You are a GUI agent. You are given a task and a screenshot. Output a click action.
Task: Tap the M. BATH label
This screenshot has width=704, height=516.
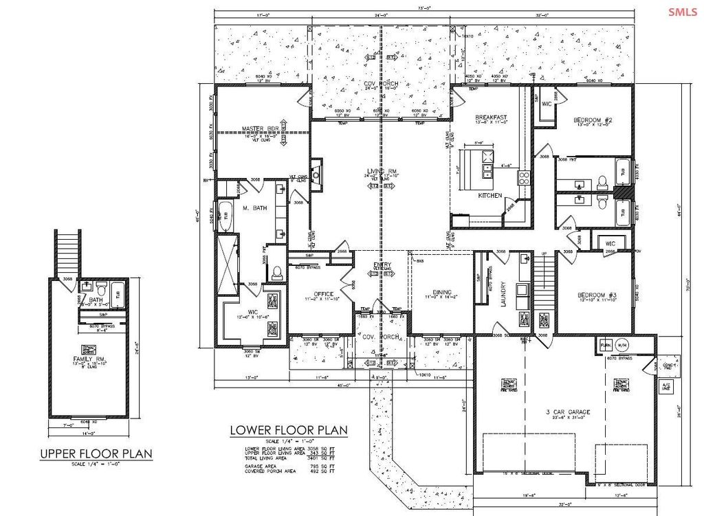[254, 208]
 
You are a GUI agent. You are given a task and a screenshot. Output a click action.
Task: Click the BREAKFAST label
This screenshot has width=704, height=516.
[492, 117]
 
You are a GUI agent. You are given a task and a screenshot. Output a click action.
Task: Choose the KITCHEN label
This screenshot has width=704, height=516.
[490, 195]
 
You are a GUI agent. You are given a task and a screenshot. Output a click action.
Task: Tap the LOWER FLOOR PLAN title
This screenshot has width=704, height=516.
[289, 431]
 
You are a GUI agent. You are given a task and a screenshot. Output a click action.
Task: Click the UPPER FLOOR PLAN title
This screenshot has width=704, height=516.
[96, 454]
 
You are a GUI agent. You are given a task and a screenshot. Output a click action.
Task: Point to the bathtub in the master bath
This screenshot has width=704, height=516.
[225, 215]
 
